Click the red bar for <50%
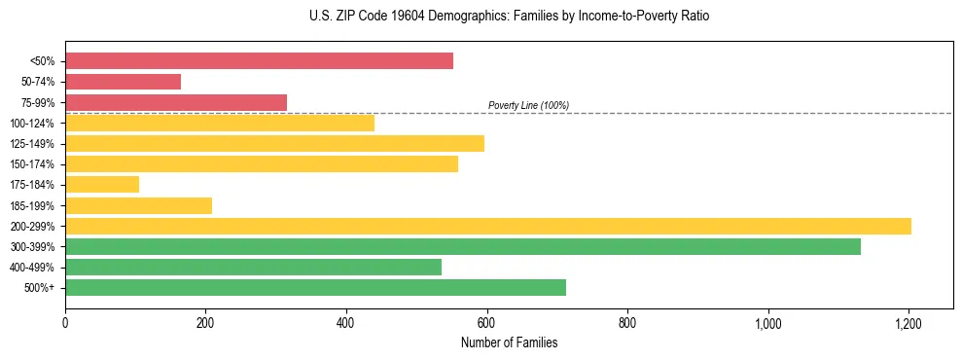coord(259,61)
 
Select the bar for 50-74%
coord(123,82)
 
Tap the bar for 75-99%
coord(176,102)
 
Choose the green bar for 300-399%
coord(463,246)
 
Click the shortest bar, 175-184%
coord(102,184)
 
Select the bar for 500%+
coord(315,287)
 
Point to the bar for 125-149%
coord(274,143)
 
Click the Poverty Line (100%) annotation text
coord(528,105)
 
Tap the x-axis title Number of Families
coord(509,342)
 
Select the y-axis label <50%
coord(43,61)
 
